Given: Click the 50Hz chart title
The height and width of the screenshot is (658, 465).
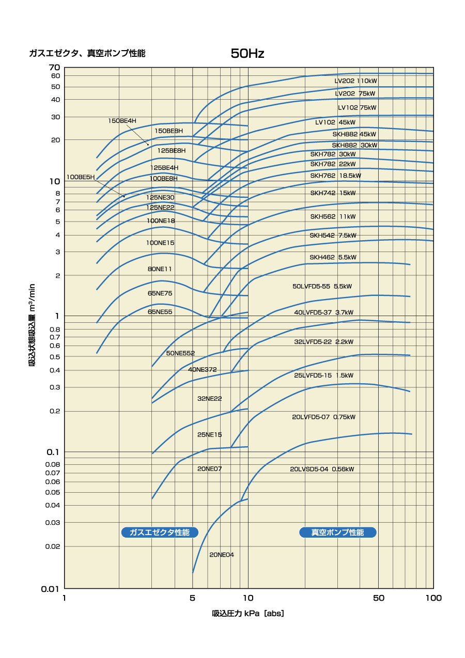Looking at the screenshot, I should pos(247,54).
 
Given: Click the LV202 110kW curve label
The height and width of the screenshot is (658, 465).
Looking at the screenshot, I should pos(356,81).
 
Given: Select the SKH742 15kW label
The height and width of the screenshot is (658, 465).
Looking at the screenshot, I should pos(333,193).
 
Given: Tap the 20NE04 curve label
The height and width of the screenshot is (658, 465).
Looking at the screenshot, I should pos(222,555).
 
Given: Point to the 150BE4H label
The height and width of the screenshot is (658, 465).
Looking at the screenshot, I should pos(122,121).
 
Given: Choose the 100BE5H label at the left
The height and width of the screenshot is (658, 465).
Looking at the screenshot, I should pos(80,177).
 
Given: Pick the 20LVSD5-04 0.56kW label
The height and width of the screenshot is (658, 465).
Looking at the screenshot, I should pos(322,469).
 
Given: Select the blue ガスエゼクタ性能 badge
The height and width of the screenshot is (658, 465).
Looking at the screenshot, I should pos(160,532).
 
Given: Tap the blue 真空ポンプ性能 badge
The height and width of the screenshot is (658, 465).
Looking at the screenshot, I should pos(338,532).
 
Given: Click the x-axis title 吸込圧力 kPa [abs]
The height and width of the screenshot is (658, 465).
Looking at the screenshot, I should pos(248,614).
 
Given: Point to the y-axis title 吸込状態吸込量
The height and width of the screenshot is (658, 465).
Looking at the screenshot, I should pos(32,325).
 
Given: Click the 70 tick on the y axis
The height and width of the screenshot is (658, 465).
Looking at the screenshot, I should pos(55,68).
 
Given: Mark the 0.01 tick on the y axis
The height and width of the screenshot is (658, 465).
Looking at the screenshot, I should pos(52,588).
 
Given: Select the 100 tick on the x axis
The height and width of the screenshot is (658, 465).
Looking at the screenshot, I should pos(433,598).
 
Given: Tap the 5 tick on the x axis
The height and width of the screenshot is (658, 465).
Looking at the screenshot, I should pos(193,598).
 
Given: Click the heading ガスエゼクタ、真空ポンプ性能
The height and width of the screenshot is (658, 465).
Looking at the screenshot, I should pos(87,53).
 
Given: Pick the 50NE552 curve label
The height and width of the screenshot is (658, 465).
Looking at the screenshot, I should pos(180,353).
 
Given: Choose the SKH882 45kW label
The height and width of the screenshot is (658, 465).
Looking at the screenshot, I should pos(354,134).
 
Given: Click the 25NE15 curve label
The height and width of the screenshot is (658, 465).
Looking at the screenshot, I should pos(209,434).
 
